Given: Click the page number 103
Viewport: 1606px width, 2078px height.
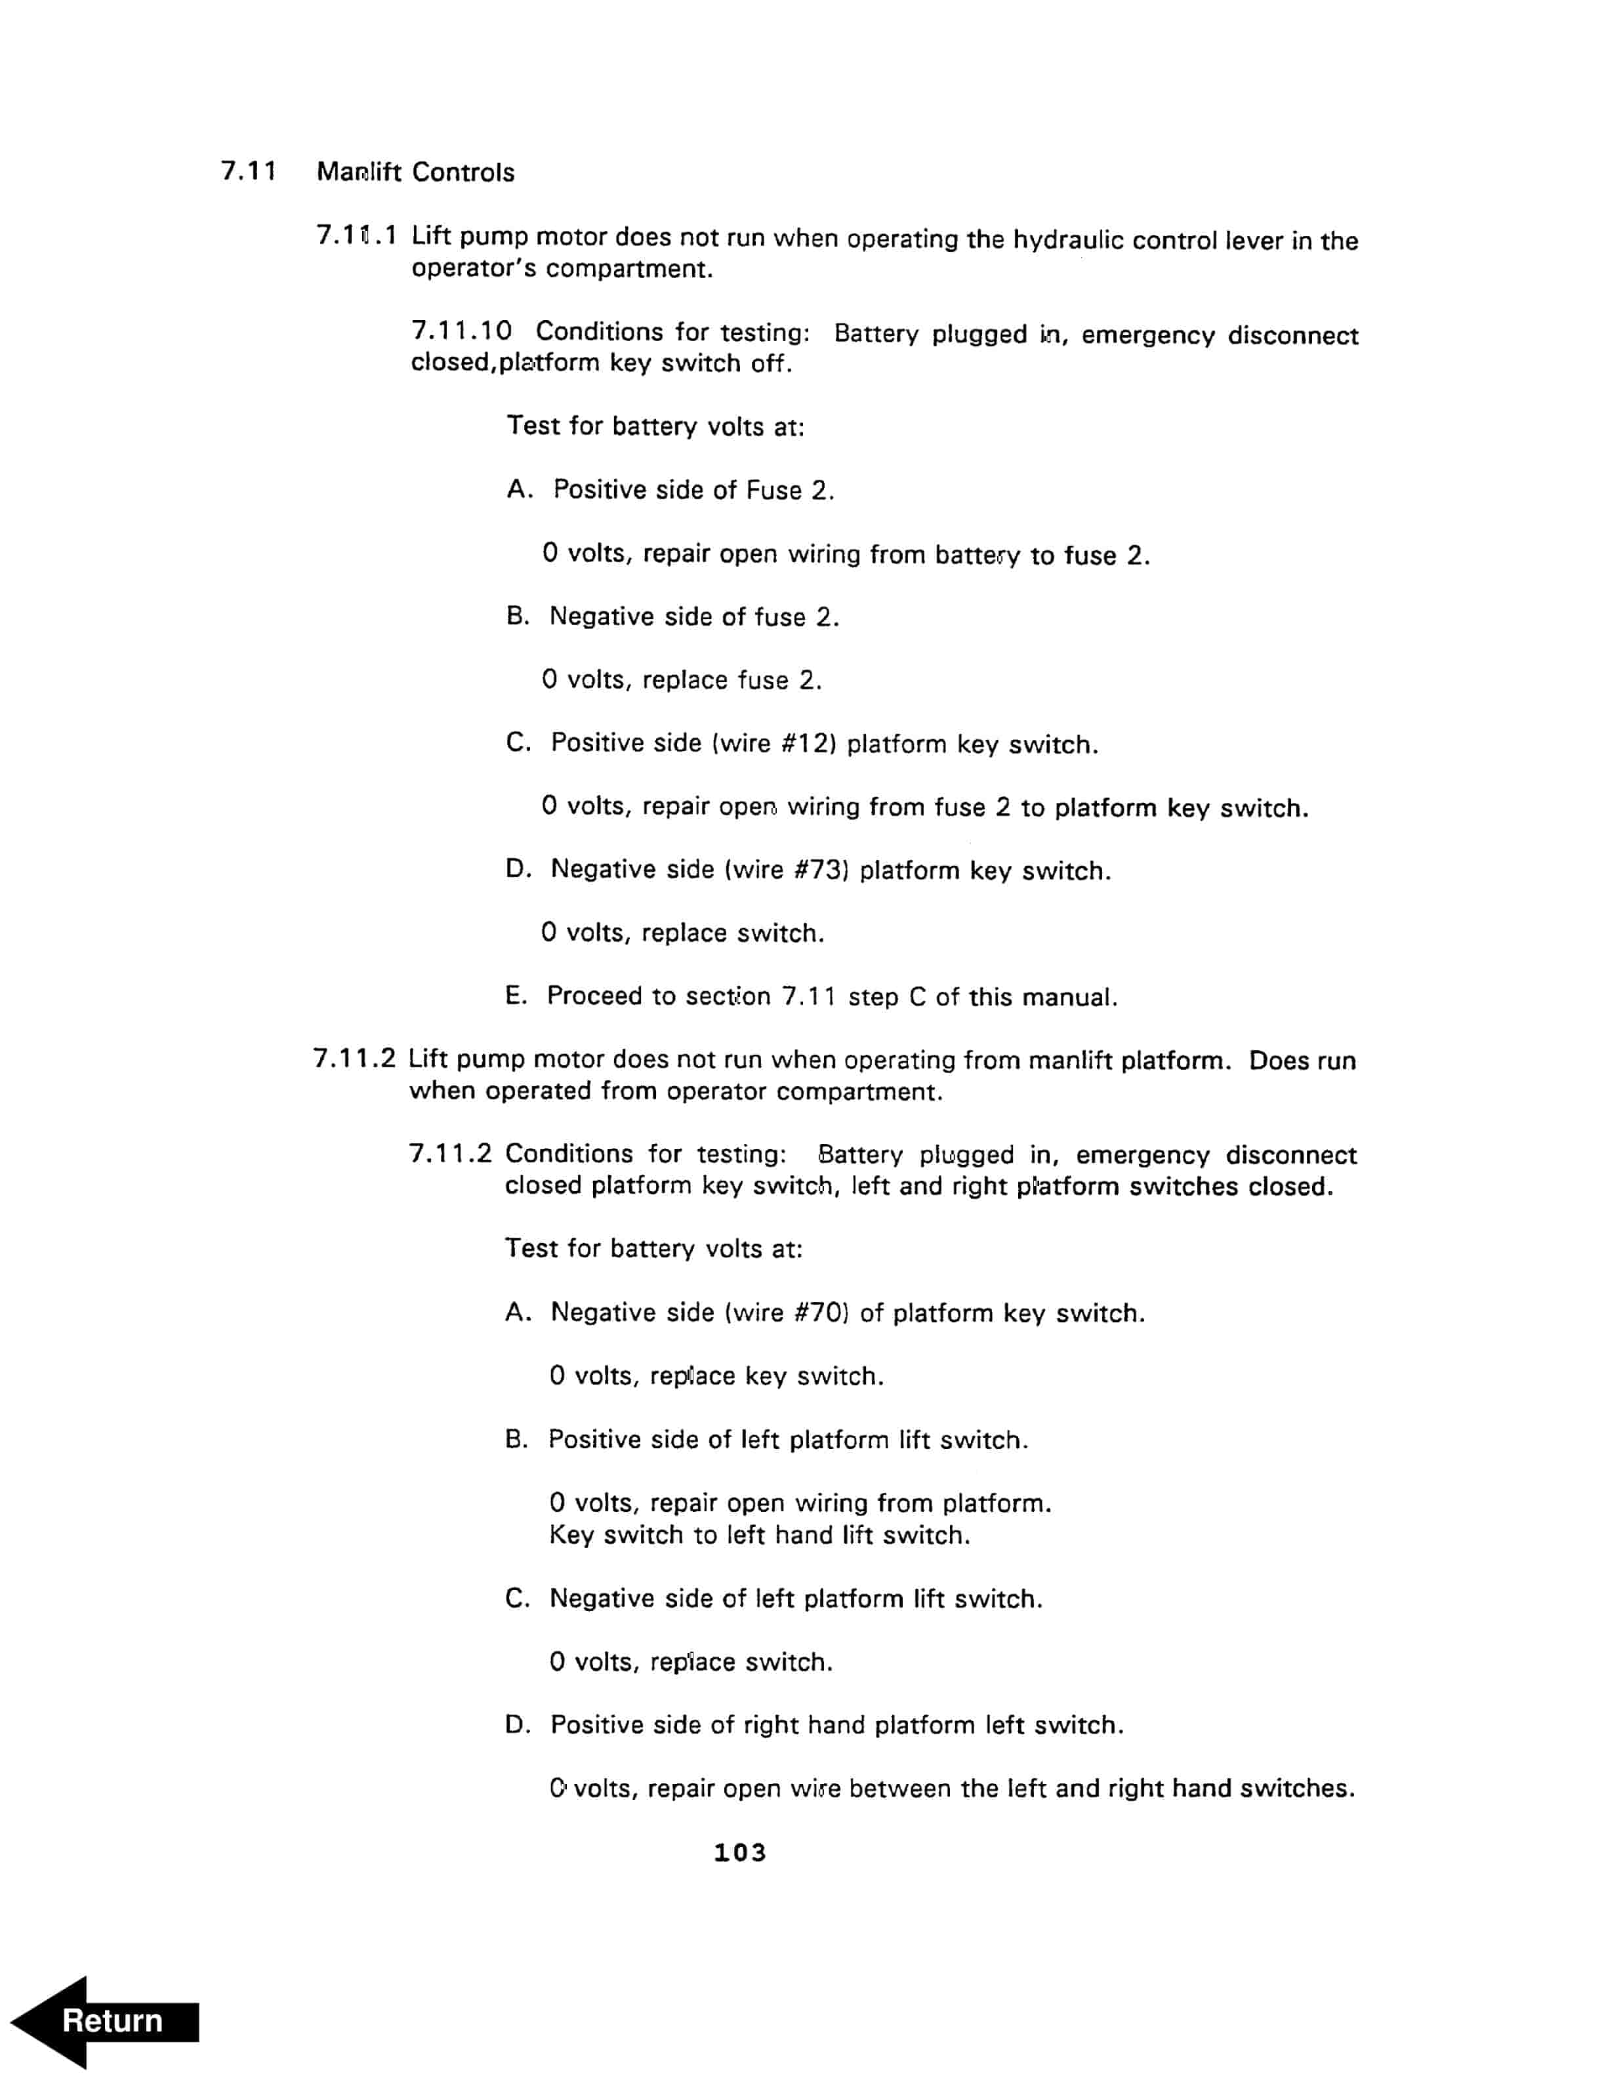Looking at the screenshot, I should coord(739,1852).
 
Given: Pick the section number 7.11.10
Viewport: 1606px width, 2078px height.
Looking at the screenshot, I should coord(461,331).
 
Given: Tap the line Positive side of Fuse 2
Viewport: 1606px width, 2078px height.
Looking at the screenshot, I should coord(693,490).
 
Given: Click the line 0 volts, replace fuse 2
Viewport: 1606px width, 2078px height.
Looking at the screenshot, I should coord(681,680).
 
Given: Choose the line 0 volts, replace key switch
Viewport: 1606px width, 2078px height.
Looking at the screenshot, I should coord(716,1375).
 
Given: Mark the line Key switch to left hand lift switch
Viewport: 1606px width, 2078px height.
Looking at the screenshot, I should coord(759,1535).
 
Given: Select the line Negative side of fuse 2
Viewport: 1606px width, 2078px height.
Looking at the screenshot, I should coord(693,617).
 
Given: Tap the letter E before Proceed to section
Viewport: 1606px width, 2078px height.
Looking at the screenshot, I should coord(515,996).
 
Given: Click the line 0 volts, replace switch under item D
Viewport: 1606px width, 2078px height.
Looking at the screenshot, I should coord(682,933).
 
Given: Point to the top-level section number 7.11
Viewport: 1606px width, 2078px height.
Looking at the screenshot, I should coord(249,171).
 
